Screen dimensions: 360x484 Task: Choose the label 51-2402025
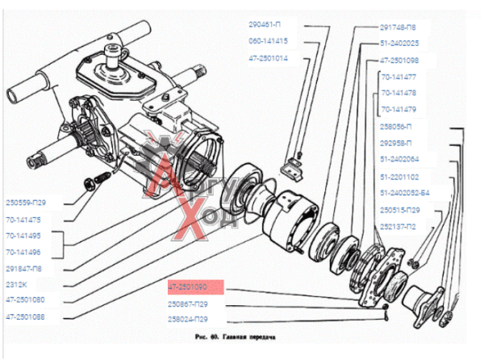click(x=399, y=43)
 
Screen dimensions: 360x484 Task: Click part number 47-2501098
click(x=399, y=60)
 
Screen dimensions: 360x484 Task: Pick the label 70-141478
click(x=402, y=93)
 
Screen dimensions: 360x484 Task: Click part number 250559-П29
click(x=28, y=202)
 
